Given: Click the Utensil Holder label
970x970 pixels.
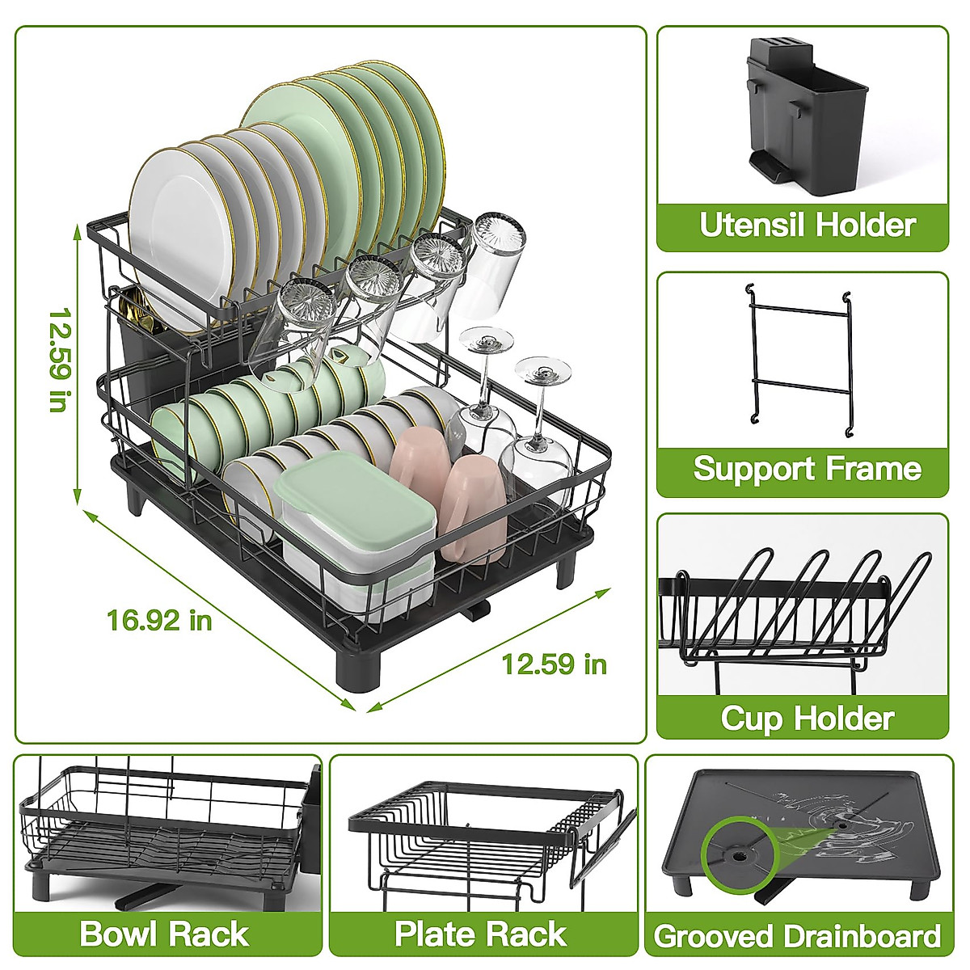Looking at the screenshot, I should [807, 225].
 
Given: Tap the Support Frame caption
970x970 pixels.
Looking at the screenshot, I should [807, 469].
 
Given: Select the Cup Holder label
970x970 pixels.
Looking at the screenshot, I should [807, 718].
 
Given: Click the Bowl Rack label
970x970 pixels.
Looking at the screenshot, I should [164, 934].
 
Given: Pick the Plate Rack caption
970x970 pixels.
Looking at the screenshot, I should [480, 934].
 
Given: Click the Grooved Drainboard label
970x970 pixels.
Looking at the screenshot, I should [797, 936].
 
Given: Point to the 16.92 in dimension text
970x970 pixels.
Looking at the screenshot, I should [159, 620].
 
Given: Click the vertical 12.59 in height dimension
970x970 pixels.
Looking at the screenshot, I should [57, 360].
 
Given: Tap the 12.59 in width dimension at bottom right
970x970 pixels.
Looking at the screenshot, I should [554, 664].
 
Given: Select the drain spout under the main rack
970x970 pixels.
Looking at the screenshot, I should [477, 610].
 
